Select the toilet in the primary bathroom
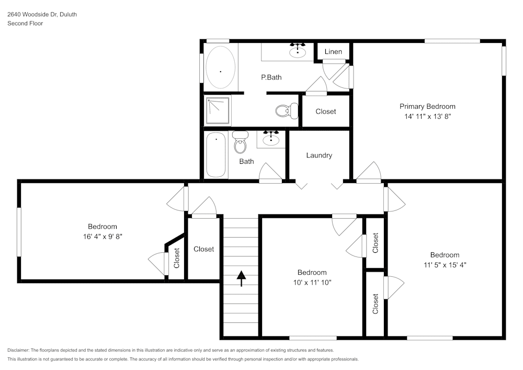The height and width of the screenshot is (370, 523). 285,111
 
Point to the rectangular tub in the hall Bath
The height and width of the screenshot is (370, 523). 216,155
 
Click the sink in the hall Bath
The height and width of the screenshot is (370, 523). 271,139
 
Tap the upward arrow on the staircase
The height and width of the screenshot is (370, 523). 241,278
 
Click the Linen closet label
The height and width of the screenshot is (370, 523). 333,51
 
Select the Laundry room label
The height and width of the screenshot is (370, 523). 319,155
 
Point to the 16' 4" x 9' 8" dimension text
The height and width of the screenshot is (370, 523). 102,237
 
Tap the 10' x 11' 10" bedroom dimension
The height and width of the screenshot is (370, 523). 312,282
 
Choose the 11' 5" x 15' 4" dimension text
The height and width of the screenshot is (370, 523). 445,265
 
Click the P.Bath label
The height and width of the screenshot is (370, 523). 271,77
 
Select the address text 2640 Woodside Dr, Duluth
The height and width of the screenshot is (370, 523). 42,15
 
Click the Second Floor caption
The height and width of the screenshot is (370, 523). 25,24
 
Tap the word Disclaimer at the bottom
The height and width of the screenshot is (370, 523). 18,350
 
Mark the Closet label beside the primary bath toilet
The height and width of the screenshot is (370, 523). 326,111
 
